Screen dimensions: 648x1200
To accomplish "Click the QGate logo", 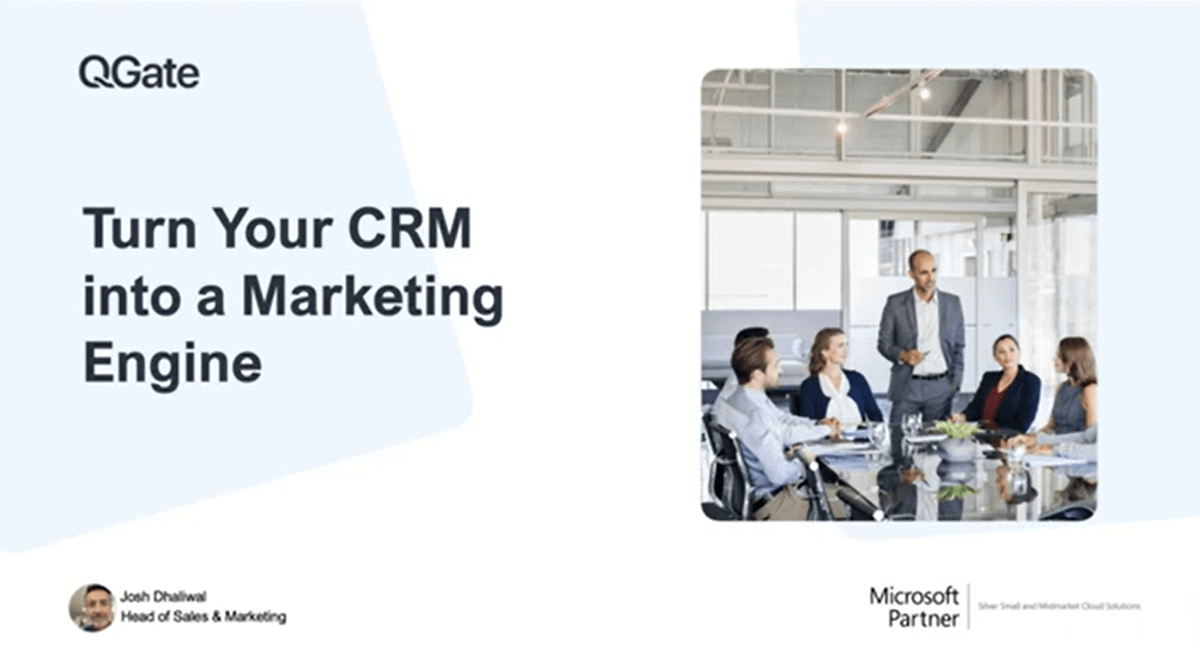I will click(x=139, y=72).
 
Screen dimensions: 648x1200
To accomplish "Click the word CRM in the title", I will click(x=409, y=228).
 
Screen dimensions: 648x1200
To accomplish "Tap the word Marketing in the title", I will click(x=372, y=296).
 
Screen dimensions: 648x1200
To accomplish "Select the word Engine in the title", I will click(x=172, y=363).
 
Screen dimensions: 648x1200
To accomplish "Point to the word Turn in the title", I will click(x=140, y=228).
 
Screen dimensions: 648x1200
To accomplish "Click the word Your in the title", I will click(x=272, y=228).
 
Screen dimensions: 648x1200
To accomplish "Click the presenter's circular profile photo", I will click(x=92, y=607).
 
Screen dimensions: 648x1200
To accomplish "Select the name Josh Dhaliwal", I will click(x=163, y=597).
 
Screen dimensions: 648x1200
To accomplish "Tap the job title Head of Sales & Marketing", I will click(x=204, y=617).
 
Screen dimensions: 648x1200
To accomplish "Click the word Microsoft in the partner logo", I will click(x=914, y=597).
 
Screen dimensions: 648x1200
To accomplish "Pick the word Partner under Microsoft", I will click(x=923, y=619).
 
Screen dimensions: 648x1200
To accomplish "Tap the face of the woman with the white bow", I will click(x=832, y=349).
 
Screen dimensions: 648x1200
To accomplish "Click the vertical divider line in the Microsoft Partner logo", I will click(x=969, y=607).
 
